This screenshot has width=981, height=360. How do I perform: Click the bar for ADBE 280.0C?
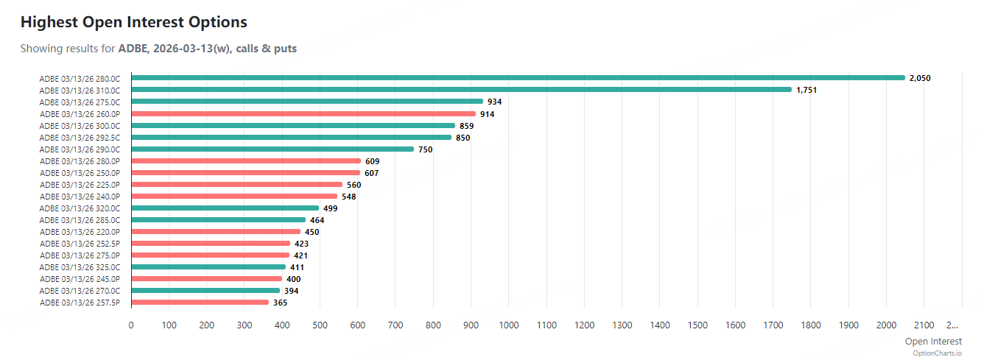pyautogui.click(x=516, y=78)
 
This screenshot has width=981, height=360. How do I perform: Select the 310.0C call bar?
pyautogui.click(x=460, y=90)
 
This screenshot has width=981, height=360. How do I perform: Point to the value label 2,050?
pyautogui.click(x=921, y=78)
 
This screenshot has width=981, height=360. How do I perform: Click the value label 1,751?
pyautogui.click(x=807, y=90)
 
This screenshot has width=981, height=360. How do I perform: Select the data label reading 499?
pyautogui.click(x=330, y=208)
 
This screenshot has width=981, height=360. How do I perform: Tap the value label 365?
pyautogui.click(x=280, y=303)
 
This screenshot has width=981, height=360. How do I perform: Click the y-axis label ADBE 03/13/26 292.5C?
pyautogui.click(x=80, y=138)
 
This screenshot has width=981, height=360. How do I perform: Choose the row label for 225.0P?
pyautogui.click(x=80, y=185)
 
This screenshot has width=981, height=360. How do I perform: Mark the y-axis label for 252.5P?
pyautogui.click(x=80, y=244)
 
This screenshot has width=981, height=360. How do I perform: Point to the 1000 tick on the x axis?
pyautogui.click(x=508, y=325)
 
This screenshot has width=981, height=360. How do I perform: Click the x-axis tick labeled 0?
pyautogui.click(x=131, y=325)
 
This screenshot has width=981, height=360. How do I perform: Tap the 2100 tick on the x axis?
pyautogui.click(x=924, y=325)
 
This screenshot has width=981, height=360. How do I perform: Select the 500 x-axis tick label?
pyautogui.click(x=320, y=325)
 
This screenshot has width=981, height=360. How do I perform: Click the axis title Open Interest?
pyautogui.click(x=933, y=341)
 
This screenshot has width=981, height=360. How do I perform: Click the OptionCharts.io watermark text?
pyautogui.click(x=938, y=353)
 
